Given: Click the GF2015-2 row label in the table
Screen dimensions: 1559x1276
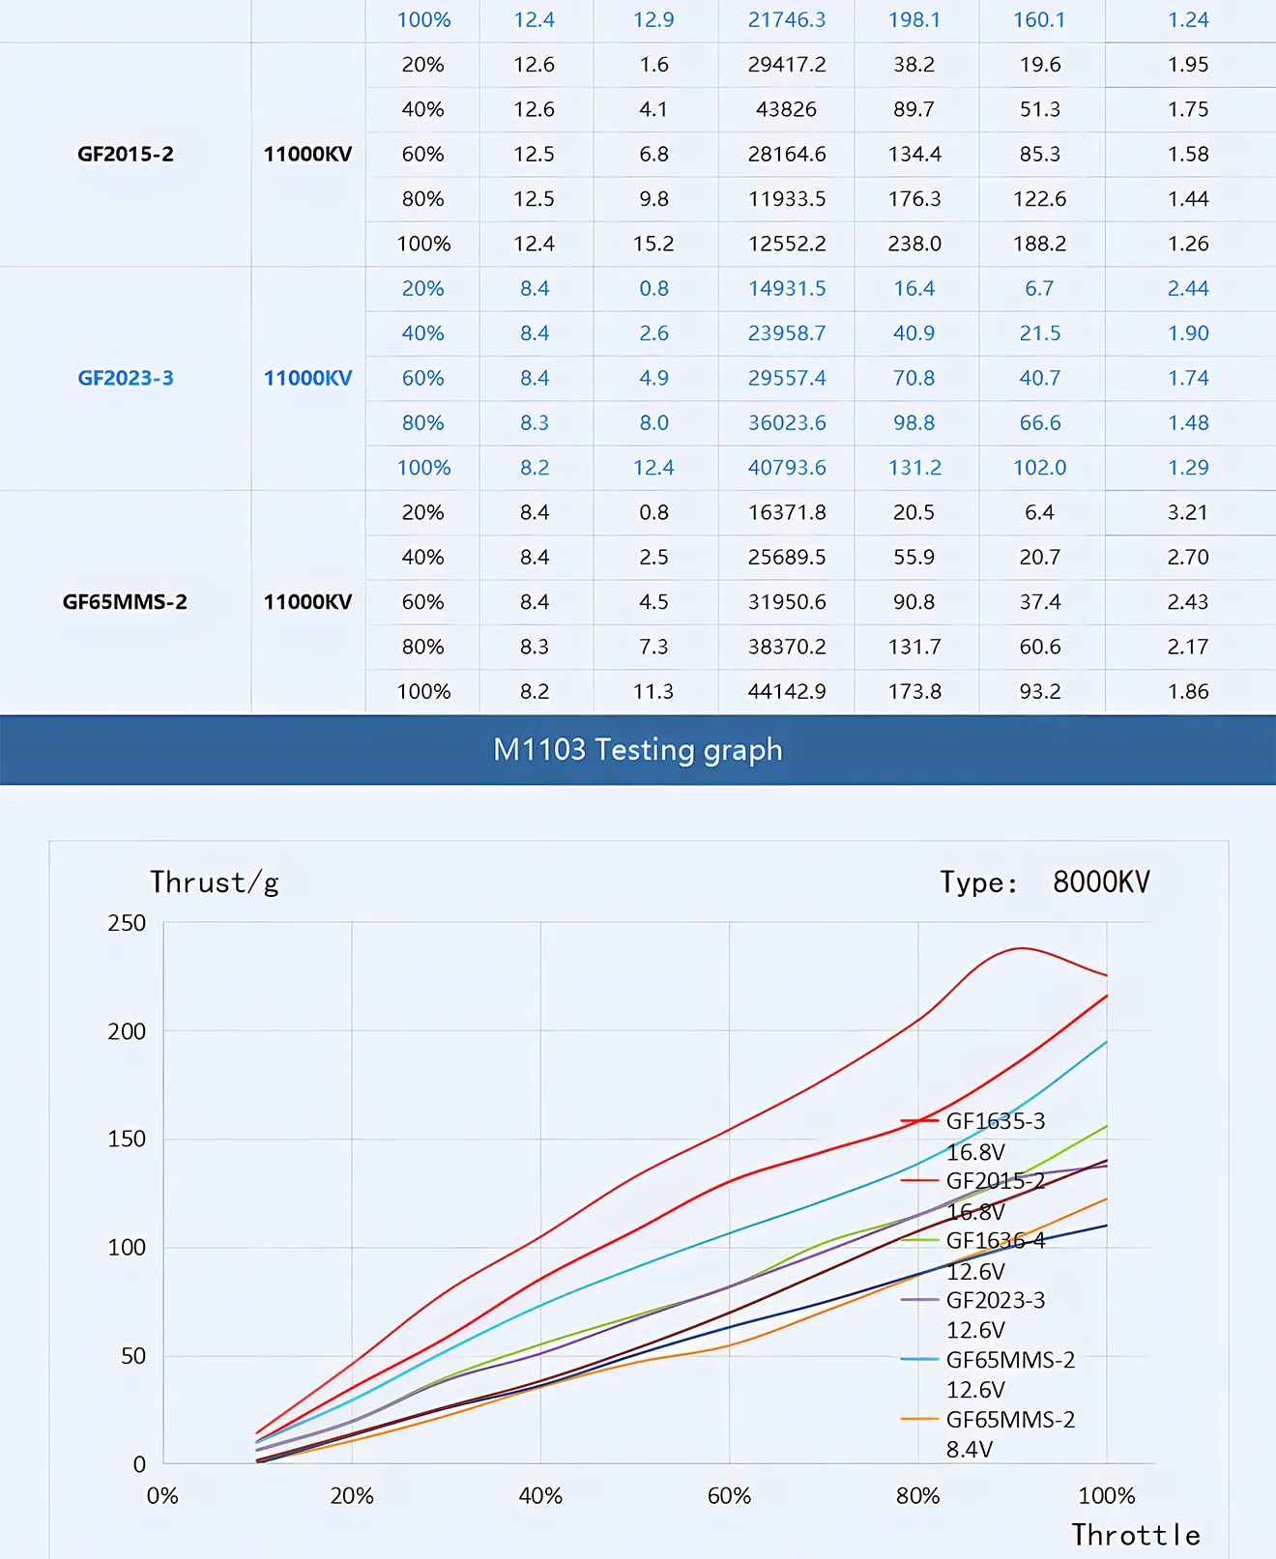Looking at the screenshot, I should (x=126, y=155).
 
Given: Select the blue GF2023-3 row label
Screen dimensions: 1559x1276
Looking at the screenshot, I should (x=126, y=378).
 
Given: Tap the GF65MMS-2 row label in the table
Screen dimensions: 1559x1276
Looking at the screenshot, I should (x=125, y=602).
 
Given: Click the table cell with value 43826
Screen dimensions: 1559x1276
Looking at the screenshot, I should (x=786, y=109).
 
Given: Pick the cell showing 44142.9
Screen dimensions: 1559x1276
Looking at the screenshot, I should (x=787, y=691).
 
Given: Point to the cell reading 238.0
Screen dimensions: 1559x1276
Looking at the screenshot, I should (x=914, y=244).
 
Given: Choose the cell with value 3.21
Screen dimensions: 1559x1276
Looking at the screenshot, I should (x=1187, y=512).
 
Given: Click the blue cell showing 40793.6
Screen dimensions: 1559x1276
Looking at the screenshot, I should (x=787, y=468).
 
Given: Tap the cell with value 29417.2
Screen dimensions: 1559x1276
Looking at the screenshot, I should (x=787, y=65).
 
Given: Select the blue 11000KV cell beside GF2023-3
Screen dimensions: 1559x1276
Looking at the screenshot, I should (x=307, y=378).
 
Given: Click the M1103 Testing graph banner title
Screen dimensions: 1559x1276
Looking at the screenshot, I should (x=637, y=750).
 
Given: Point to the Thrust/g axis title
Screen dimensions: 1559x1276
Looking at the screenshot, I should (x=215, y=882).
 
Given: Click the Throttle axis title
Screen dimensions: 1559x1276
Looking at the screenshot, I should (x=1136, y=1535).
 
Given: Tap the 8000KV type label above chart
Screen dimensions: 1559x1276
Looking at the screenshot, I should (x=1101, y=882).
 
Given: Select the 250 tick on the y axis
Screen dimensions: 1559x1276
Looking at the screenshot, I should (x=127, y=923).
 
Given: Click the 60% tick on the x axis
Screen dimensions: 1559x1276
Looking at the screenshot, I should (x=729, y=1496).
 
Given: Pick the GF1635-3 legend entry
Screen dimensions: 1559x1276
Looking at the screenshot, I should (x=995, y=1121).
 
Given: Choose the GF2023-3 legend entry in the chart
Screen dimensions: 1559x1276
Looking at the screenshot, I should (x=995, y=1300).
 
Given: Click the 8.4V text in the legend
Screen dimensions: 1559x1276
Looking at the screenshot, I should (x=970, y=1449).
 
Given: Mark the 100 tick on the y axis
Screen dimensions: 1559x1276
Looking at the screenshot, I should (x=127, y=1248).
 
